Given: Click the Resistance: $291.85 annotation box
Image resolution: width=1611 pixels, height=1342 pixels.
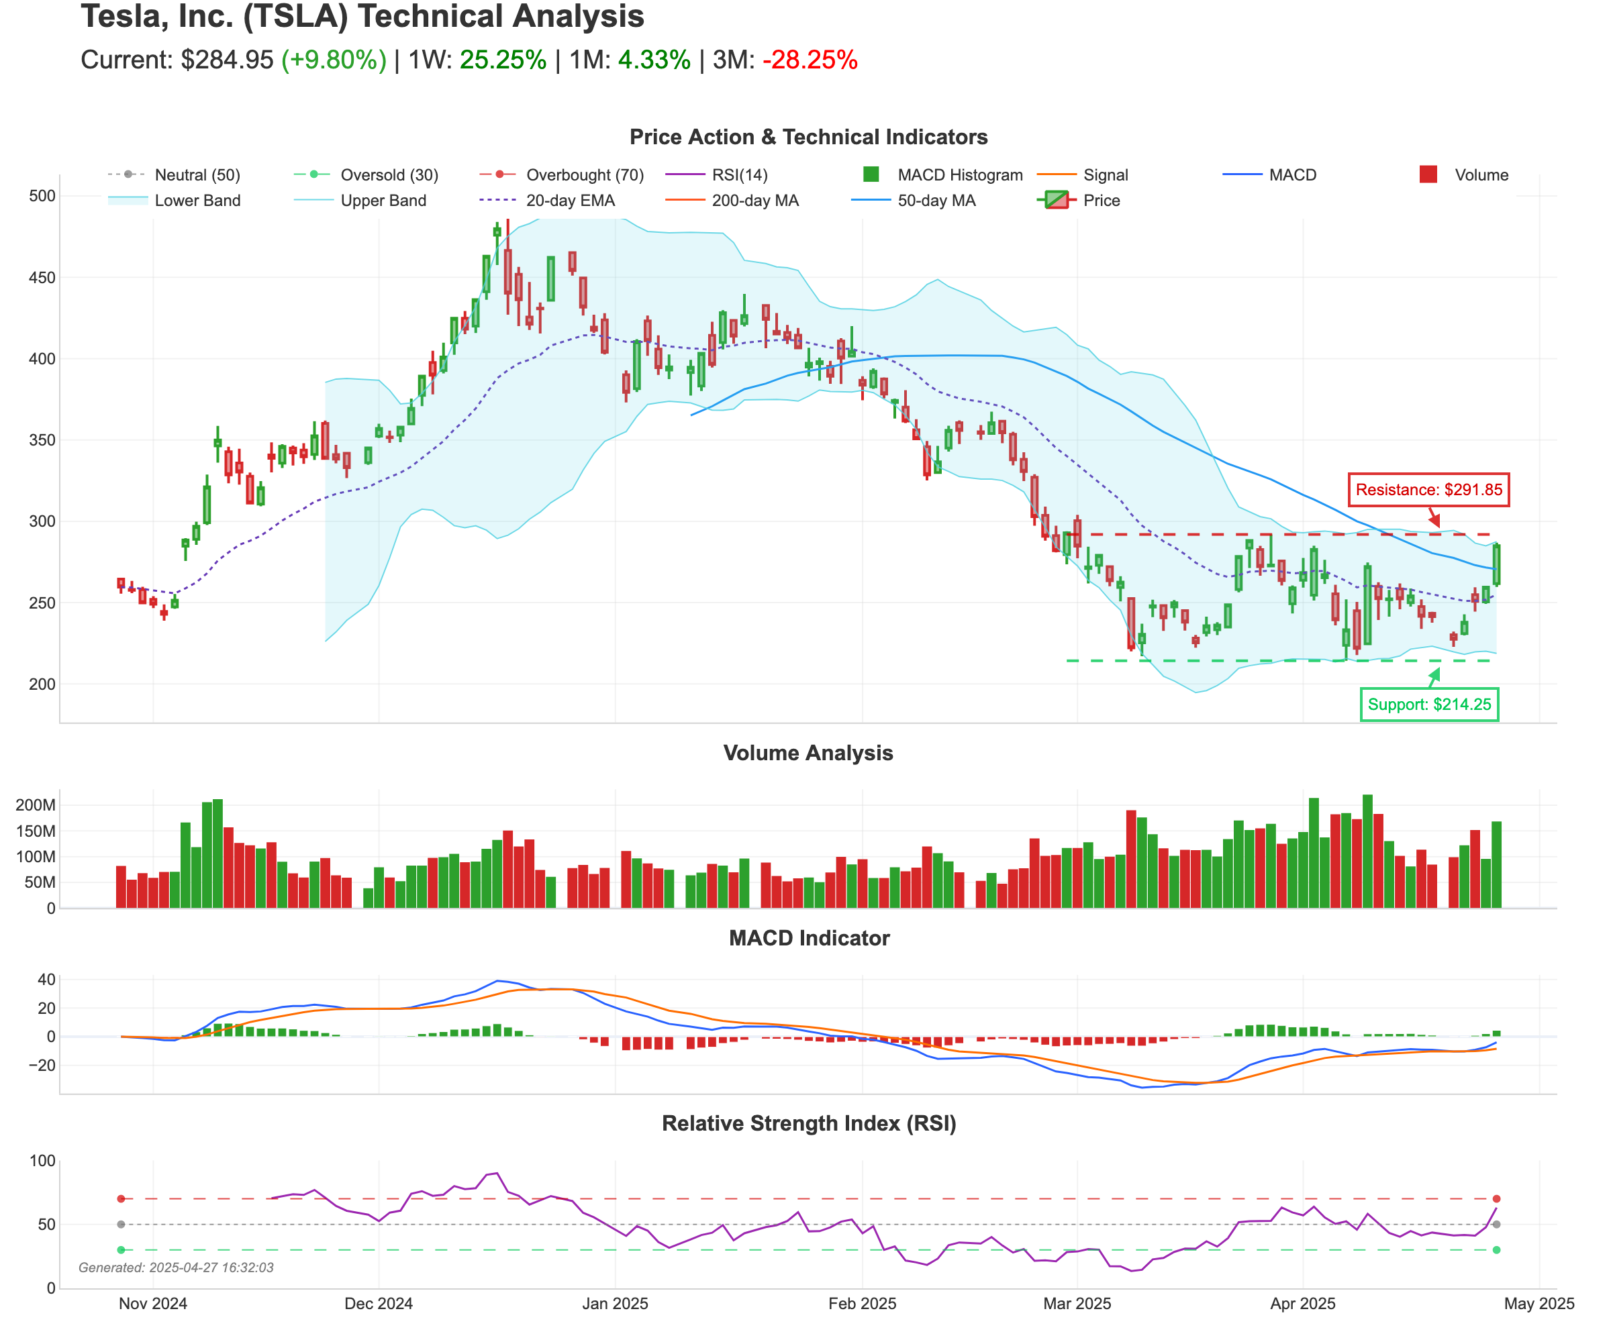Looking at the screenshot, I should coord(1428,489).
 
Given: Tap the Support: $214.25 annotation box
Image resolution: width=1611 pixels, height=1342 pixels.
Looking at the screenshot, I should coord(1429,704).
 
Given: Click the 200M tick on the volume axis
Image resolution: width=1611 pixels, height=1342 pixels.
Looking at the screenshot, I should coord(36,805).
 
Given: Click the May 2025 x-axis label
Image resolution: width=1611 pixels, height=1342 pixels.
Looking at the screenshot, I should coord(1539,1304).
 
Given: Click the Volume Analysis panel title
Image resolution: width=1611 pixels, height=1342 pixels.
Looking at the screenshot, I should coord(808,753).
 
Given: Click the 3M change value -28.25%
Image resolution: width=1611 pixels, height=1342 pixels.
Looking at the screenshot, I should coord(810,60).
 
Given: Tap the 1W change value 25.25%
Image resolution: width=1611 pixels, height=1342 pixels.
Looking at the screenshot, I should coord(503,60).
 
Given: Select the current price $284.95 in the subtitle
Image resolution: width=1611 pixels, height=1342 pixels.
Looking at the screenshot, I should coord(226,60).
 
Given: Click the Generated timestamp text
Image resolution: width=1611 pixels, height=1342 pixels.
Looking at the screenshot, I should coord(176,1268).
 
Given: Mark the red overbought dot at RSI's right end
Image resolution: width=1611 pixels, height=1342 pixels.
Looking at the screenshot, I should coord(1496,1198).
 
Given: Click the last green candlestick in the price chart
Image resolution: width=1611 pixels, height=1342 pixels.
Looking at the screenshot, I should coord(1496,564).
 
